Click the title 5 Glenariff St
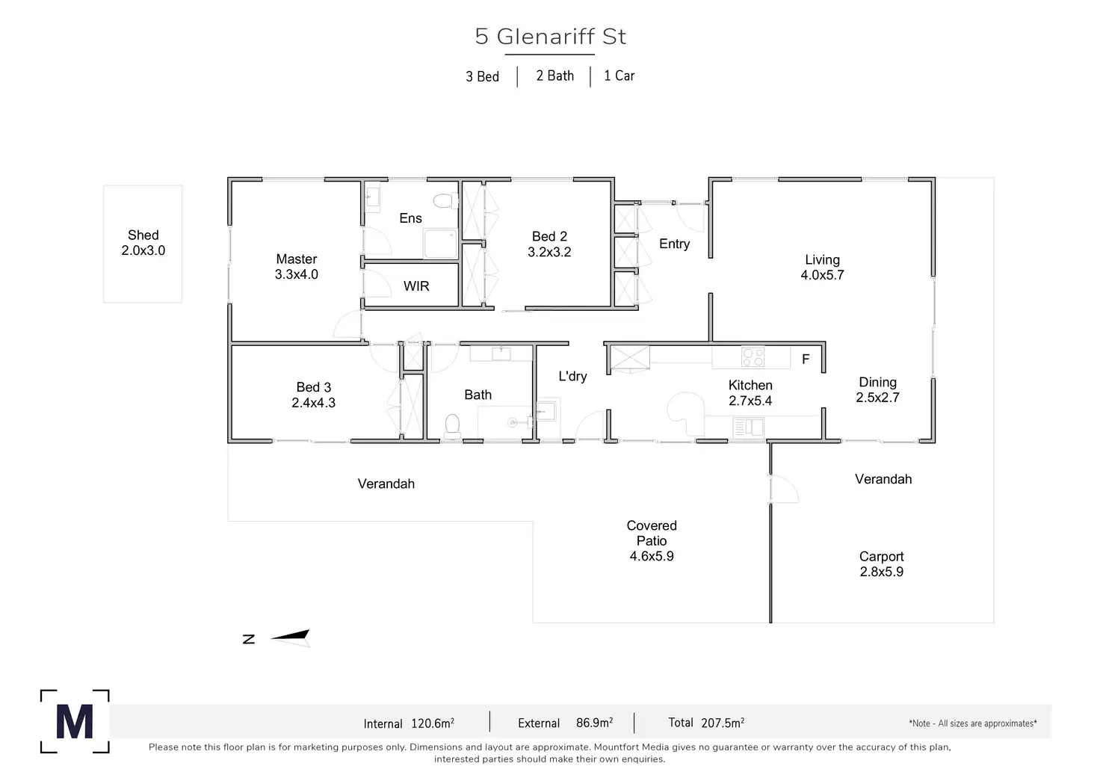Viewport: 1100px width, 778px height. pyautogui.click(x=551, y=37)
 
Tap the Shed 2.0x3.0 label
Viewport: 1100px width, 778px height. pyautogui.click(x=143, y=243)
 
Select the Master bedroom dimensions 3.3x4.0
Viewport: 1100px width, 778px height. pyautogui.click(x=296, y=274)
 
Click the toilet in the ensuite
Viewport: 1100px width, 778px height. pyautogui.click(x=445, y=200)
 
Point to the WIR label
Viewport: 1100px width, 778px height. pyautogui.click(x=416, y=285)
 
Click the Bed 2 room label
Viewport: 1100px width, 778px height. pyautogui.click(x=549, y=236)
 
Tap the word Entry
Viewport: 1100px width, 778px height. pyautogui.click(x=674, y=244)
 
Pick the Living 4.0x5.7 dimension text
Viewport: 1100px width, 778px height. pyautogui.click(x=822, y=275)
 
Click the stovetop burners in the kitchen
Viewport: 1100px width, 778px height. pyautogui.click(x=753, y=357)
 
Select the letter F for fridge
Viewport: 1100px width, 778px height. pyautogui.click(x=806, y=359)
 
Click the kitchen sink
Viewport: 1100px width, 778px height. pyautogui.click(x=748, y=427)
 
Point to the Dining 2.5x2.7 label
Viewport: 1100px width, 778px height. pyautogui.click(x=877, y=389)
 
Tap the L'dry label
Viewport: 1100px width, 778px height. pyautogui.click(x=572, y=376)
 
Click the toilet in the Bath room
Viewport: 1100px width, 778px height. pyautogui.click(x=452, y=426)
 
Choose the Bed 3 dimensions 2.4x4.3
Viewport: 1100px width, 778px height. pyautogui.click(x=313, y=403)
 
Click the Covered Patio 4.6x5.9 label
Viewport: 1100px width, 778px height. pyautogui.click(x=652, y=541)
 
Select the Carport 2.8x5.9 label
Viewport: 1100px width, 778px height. pyautogui.click(x=882, y=564)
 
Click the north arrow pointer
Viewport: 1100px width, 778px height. pyautogui.click(x=290, y=637)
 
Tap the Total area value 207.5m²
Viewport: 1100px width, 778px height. pyautogui.click(x=723, y=723)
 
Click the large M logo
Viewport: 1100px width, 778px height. pyautogui.click(x=75, y=721)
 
